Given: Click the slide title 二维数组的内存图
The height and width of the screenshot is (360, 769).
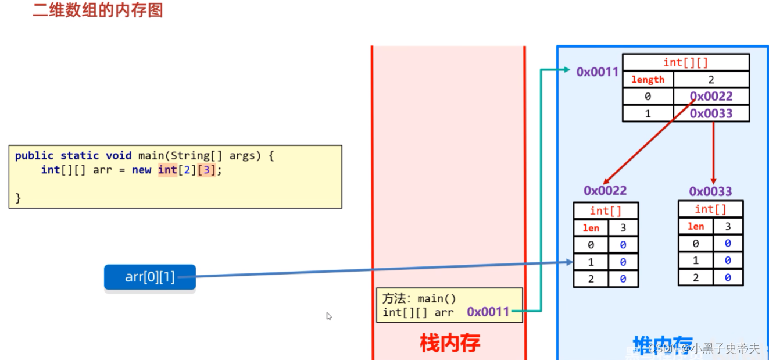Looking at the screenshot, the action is [98, 10].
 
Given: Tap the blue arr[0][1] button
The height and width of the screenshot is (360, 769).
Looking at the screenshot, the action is [150, 277].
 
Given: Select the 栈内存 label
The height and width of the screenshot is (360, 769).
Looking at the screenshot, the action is [449, 343].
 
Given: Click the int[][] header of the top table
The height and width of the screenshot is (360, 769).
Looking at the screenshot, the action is [685, 62].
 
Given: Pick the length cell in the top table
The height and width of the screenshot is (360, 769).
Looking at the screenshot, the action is [648, 80].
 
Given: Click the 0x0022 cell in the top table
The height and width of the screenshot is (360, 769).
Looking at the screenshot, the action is [711, 97].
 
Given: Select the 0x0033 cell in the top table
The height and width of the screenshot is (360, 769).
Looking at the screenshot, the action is [711, 113].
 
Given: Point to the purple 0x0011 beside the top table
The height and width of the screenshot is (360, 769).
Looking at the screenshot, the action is [597, 72].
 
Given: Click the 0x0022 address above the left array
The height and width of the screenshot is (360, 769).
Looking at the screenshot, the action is [605, 191].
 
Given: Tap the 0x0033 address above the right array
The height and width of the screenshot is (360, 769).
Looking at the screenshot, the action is [710, 191].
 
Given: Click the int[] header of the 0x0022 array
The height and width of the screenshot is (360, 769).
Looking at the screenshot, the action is [606, 211].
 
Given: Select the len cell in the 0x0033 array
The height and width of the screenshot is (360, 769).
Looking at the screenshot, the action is [696, 227].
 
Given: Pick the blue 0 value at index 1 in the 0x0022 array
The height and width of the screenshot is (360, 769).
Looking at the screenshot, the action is [623, 262].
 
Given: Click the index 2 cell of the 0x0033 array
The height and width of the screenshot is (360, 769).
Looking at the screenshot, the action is [696, 277].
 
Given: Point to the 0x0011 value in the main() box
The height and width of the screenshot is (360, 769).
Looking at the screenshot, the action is [488, 312].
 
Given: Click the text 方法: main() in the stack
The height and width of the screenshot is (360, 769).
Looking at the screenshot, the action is [419, 298].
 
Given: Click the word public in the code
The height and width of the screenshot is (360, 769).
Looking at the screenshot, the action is [34, 156].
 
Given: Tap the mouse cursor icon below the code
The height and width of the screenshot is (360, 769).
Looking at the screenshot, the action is [328, 316].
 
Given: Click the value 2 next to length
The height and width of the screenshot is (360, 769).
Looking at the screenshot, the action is [711, 80].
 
